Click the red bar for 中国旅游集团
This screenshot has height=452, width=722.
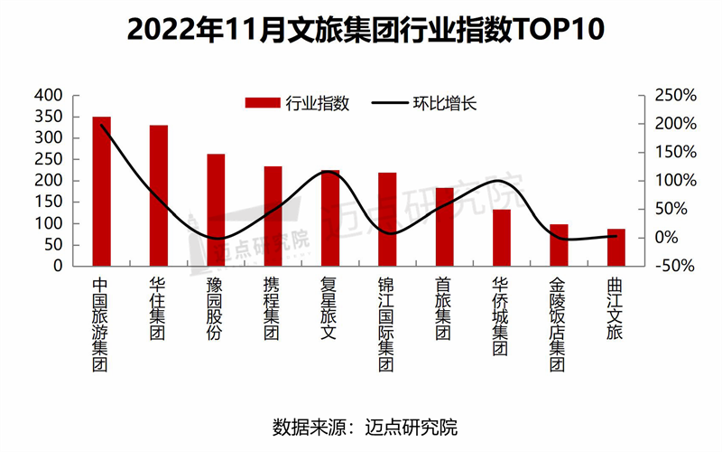pyautogui.click(x=101, y=192)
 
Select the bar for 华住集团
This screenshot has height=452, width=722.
pyautogui.click(x=158, y=196)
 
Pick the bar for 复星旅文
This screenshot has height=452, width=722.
pyautogui.click(x=330, y=218)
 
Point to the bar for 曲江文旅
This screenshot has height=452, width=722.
pyautogui.click(x=616, y=248)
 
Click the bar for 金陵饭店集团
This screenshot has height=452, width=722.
pyautogui.click(x=559, y=245)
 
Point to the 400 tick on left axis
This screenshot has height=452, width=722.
pyautogui.click(x=50, y=95)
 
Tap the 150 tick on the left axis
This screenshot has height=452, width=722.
pyautogui.click(x=50, y=202)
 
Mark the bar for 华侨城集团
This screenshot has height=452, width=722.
pyautogui.click(x=501, y=238)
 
